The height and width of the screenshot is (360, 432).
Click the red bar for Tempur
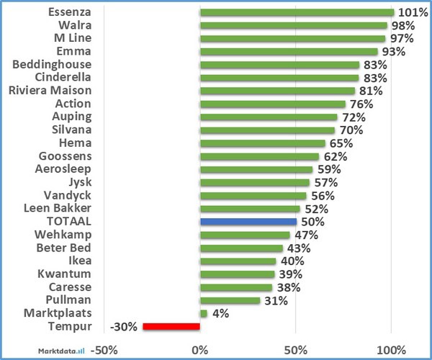171,326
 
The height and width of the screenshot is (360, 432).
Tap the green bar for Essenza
297,12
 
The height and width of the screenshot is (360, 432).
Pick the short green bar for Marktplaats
204,313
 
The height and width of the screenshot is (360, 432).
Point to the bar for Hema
262,143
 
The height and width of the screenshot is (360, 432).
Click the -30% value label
123,326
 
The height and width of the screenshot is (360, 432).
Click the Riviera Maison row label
50,91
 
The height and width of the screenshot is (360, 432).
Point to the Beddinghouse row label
52,65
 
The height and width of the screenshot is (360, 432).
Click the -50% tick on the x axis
104,349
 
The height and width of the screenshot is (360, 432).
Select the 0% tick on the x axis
200,349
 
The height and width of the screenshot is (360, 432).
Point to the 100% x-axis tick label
391,349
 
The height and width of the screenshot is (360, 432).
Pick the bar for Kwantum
238,274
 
